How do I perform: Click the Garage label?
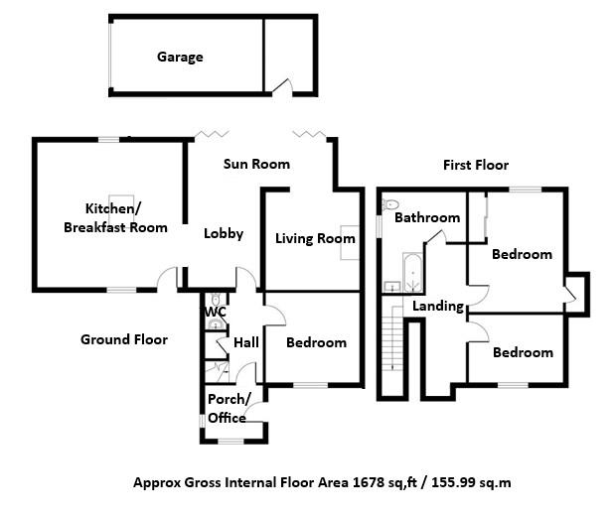coord(180,57)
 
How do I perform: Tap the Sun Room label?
coord(256,164)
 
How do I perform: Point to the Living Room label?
coord(315,238)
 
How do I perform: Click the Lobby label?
coord(224,234)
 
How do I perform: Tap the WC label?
coord(216,312)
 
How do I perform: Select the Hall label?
coord(245,342)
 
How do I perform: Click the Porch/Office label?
coord(229,408)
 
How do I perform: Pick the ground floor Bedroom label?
coord(316,342)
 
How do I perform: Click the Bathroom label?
coord(427,217)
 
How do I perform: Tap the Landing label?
coord(438,306)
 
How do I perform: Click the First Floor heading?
coord(476,165)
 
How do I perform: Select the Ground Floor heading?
coord(123,339)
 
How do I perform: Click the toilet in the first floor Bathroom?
coord(389,207)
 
